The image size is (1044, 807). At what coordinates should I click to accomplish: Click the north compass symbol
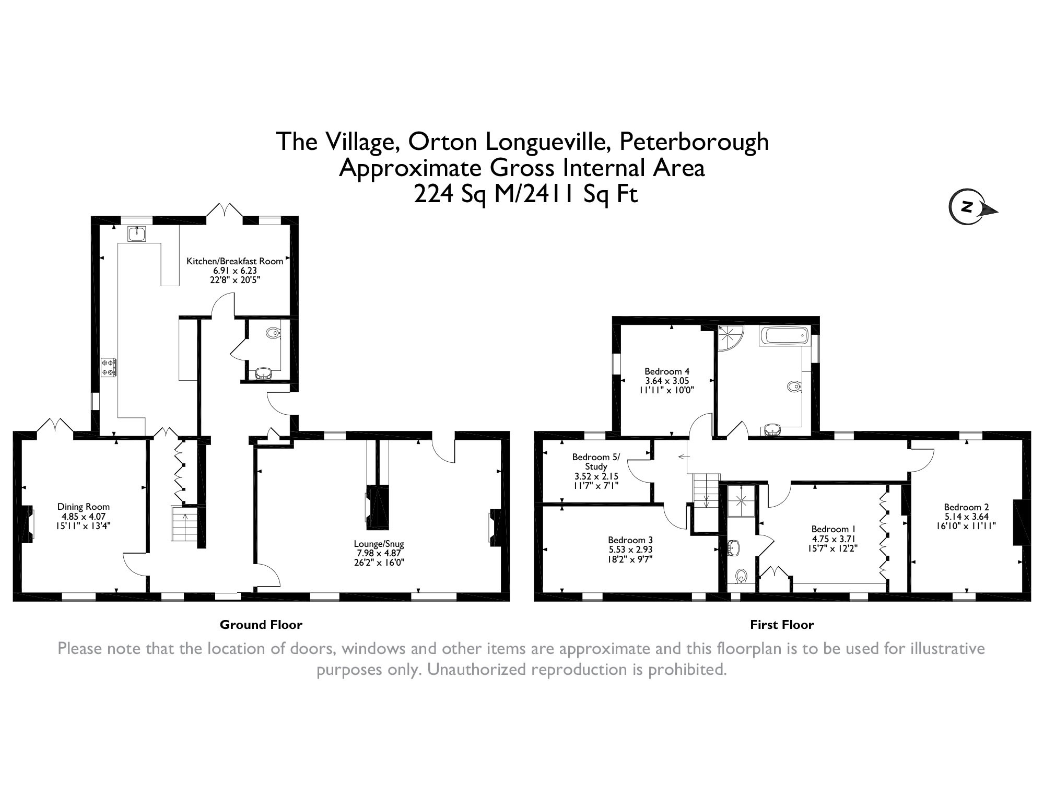pyautogui.click(x=972, y=208)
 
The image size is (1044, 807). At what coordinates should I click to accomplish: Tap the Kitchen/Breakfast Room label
pyautogui.click(x=235, y=261)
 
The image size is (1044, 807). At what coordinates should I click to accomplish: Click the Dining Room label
pyautogui.click(x=84, y=506)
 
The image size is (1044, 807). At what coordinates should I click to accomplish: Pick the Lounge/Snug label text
pyautogui.click(x=379, y=544)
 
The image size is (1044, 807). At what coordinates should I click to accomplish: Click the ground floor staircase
pyautogui.click(x=184, y=523)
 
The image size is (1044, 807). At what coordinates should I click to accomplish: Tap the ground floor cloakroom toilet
pyautogui.click(x=273, y=332)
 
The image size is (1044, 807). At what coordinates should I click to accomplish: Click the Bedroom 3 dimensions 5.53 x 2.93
pyautogui.click(x=630, y=549)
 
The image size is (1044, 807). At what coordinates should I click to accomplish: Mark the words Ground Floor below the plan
pyautogui.click(x=261, y=624)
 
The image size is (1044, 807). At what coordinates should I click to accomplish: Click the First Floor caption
pyautogui.click(x=782, y=624)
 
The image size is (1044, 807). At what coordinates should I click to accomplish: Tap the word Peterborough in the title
pyautogui.click(x=694, y=142)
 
